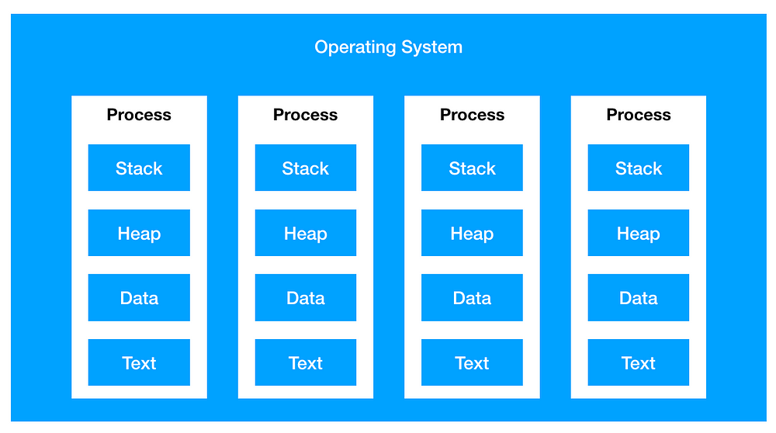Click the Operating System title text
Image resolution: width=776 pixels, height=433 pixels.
[x=389, y=47]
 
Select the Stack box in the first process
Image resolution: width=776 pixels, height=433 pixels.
[x=139, y=168]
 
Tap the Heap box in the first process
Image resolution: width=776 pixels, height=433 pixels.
[x=139, y=233]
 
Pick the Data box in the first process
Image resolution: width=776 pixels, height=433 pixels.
[x=139, y=297]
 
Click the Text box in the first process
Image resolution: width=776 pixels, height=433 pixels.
[x=139, y=362]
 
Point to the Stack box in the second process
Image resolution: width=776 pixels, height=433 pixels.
[x=305, y=168]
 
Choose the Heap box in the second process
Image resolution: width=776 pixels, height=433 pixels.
[x=305, y=233]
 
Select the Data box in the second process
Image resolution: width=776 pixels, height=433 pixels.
[x=305, y=297]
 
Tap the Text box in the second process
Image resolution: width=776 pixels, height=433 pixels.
[x=305, y=362]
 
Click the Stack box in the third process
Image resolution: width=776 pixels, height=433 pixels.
[x=472, y=168]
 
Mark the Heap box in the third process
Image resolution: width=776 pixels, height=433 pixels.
[x=472, y=233]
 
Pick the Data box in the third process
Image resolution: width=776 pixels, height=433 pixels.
[x=472, y=297]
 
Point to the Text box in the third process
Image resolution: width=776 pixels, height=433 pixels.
[x=472, y=362]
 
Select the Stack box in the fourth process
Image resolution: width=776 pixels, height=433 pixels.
[x=639, y=168]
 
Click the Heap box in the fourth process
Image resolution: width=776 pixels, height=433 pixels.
[x=639, y=233]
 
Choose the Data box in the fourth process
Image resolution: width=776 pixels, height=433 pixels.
[x=639, y=297]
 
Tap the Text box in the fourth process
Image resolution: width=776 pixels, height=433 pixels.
[x=639, y=362]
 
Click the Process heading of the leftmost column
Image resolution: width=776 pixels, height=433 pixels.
[x=139, y=115]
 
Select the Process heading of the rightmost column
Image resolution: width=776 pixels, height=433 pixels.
[x=639, y=115]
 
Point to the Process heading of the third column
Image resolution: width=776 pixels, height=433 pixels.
[x=472, y=115]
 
